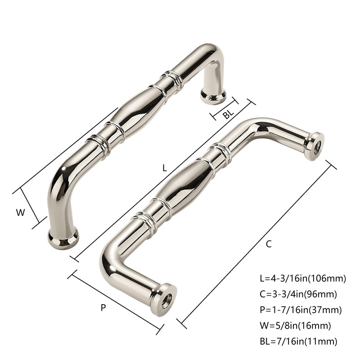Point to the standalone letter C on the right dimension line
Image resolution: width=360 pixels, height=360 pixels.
click(269, 244)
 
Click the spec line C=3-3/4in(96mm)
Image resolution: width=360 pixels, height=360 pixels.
click(299, 295)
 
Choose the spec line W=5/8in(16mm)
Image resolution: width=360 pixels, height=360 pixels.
click(296, 325)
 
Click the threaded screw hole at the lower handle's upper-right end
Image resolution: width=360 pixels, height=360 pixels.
click(315, 145)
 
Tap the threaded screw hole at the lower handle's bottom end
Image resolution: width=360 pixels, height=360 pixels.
click(166, 300)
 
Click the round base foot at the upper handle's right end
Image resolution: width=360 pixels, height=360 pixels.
click(213, 95)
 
